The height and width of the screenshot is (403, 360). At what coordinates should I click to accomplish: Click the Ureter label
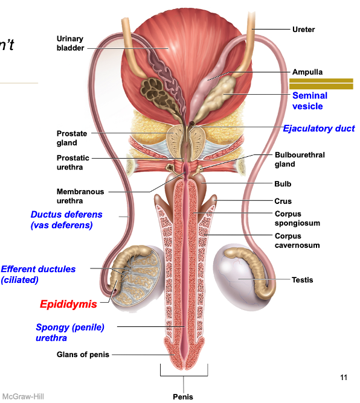303,29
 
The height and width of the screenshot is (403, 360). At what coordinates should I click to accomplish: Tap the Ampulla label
307,72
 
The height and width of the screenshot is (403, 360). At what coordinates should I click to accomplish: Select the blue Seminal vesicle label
309,101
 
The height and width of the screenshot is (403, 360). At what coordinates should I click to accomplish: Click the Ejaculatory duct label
319,129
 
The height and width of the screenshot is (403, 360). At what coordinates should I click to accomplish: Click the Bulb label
282,184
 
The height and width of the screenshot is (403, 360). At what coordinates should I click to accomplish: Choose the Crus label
283,201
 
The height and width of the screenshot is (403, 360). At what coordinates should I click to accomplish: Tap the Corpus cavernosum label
297,241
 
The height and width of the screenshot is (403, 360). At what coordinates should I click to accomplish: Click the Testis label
302,279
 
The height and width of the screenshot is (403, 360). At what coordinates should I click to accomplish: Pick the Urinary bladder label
70,43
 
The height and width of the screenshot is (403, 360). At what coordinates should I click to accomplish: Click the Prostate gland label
72,138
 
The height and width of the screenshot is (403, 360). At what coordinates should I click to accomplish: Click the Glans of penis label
83,355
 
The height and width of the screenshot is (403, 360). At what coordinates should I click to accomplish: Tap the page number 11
344,378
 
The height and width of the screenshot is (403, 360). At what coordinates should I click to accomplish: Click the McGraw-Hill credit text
22,396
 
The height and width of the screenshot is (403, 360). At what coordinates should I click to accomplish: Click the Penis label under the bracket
183,396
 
